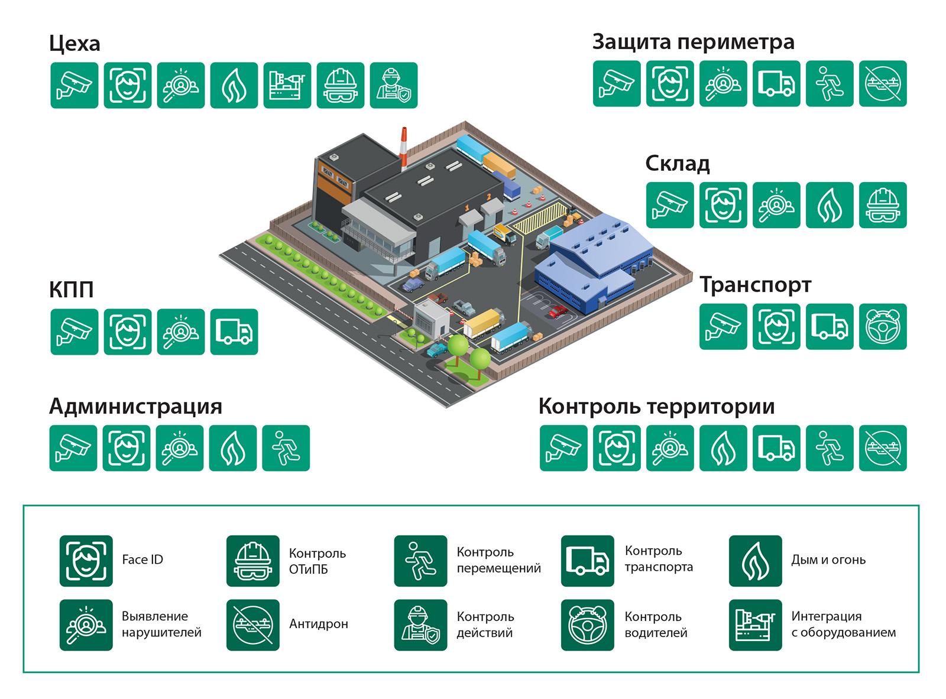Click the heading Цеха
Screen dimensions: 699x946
pyautogui.click(x=74, y=44)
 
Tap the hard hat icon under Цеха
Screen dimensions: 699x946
pyautogui.click(x=340, y=86)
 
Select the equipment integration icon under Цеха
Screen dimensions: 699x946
pyautogui.click(x=287, y=86)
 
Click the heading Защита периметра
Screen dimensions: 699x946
pyautogui.click(x=693, y=42)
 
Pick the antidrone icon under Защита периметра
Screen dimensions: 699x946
pyautogui.click(x=882, y=84)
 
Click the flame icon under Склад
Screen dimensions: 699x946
pyautogui.click(x=829, y=205)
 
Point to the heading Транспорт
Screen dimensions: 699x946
pyautogui.click(x=755, y=285)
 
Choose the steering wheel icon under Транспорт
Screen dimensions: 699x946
pyautogui.click(x=882, y=327)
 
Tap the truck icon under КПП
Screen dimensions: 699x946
pyautogui.click(x=234, y=332)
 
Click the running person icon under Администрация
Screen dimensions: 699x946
pyautogui.click(x=286, y=448)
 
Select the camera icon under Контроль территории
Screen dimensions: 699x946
pyautogui.click(x=563, y=448)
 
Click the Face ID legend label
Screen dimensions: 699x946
pyautogui.click(x=142, y=560)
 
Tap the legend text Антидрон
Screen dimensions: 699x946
pyautogui.click(x=318, y=624)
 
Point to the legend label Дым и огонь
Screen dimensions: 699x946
pyautogui.click(x=828, y=560)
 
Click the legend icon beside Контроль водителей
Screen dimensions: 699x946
pyautogui.click(x=587, y=625)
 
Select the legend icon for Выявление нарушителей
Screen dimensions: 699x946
pyautogui.click(x=86, y=625)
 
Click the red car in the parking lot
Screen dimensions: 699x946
pyautogui.click(x=557, y=311)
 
